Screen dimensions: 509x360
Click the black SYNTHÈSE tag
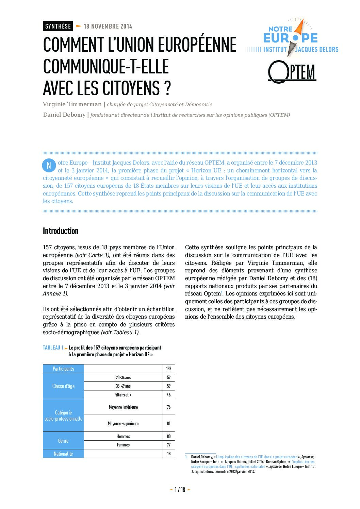coord(58,26)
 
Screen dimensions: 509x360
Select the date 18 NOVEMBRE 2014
coord(108,27)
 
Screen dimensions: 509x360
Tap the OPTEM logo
coord(292,72)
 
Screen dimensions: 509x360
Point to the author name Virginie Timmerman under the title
coord(72,104)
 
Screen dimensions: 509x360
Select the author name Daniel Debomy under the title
coord(64,115)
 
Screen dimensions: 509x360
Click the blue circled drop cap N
coord(49,165)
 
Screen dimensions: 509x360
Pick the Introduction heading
coord(61,231)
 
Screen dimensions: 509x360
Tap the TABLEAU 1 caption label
coord(53,347)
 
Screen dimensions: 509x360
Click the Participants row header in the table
coord(63,369)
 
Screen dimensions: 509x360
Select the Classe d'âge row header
coord(63,386)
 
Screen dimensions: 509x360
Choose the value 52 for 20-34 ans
coord(169,377)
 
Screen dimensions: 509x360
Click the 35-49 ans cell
coord(123,386)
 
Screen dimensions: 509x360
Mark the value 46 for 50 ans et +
coord(169,395)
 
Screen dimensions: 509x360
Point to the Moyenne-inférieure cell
coord(123,407)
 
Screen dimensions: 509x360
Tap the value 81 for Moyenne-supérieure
coord(169,423)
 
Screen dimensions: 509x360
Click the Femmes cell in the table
coord(123,445)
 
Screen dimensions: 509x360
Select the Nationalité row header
coord(63,454)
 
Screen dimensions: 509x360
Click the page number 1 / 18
coord(180,490)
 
